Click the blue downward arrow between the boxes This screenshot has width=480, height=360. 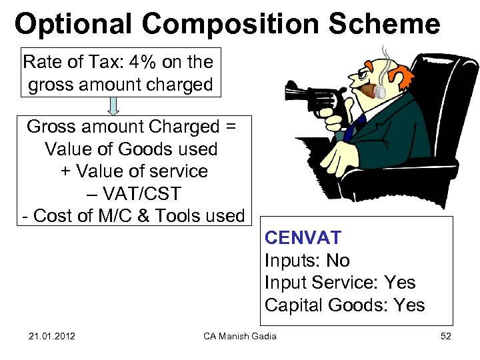tap(113, 107)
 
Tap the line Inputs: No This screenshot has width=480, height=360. tap(307, 261)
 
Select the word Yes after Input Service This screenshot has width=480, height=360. tap(400, 283)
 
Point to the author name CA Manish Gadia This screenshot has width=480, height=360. tap(240, 335)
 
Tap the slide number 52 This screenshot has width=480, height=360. tap(446, 335)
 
